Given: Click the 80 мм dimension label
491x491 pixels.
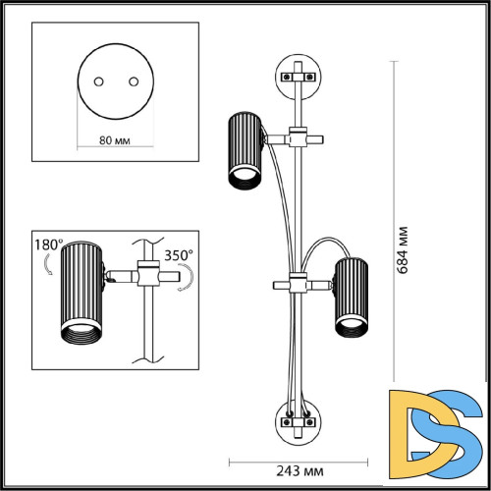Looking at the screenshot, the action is point(115,140).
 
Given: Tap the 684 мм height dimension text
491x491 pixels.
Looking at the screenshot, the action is point(403,249).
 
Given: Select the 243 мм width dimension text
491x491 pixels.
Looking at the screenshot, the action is point(300,471).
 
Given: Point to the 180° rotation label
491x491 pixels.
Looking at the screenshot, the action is point(48,245).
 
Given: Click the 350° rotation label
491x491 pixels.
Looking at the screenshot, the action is point(179,255).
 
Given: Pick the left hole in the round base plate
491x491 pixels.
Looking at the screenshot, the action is point(98,82).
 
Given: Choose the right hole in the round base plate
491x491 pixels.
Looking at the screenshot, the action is point(134,82).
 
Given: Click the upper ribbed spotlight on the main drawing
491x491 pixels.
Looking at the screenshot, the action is point(245,151).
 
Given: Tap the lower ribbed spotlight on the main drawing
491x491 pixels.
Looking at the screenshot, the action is point(352,298).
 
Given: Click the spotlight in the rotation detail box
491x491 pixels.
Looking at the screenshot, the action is point(82,292).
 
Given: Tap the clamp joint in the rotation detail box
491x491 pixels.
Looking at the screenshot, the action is point(148,274).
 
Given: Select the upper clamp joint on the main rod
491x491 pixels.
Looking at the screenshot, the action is point(298,137).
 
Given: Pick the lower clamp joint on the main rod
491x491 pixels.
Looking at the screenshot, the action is point(298,283).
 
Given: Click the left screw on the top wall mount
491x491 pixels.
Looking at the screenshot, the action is point(287,78).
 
